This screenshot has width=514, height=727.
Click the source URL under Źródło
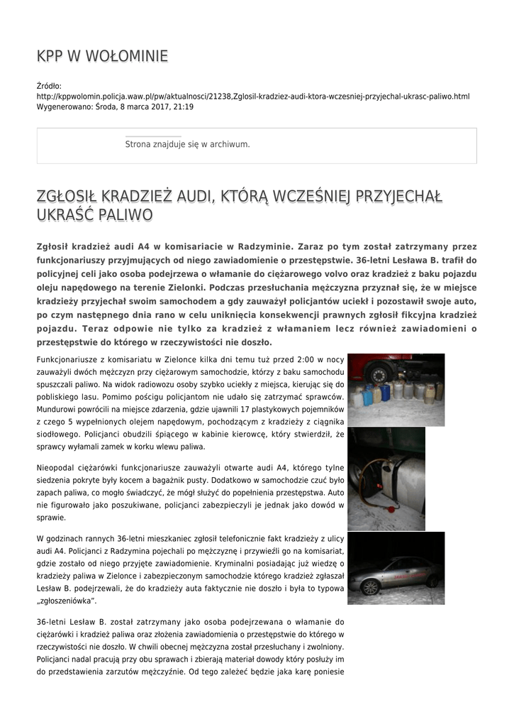[x=253, y=96]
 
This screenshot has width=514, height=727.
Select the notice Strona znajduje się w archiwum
[x=187, y=144]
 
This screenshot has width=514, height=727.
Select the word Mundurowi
[x=60, y=411]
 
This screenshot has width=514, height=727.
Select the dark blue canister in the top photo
[x=385, y=392]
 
